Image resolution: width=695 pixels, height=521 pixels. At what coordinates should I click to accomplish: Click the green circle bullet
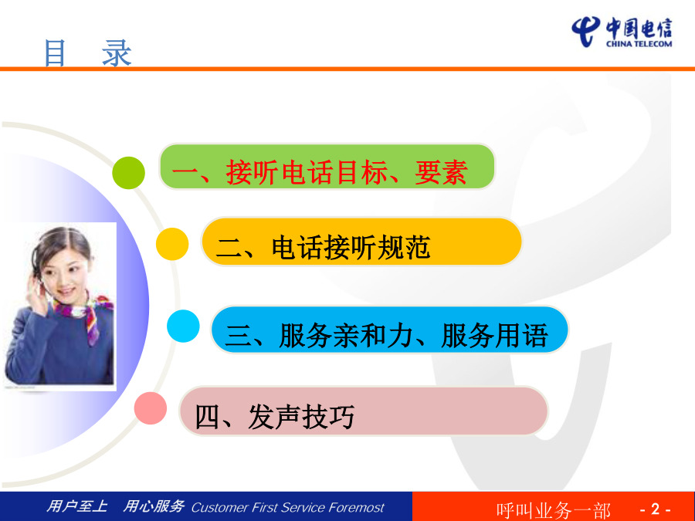(x=128, y=173)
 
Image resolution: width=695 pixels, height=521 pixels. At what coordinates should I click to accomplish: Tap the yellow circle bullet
(x=172, y=244)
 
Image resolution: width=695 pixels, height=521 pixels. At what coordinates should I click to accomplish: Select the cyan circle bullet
(x=183, y=326)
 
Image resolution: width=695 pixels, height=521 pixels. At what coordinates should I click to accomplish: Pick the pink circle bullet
(x=151, y=408)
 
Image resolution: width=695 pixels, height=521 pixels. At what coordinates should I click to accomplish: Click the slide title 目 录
(x=88, y=53)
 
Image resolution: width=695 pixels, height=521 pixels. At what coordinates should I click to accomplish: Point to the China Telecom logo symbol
(x=586, y=31)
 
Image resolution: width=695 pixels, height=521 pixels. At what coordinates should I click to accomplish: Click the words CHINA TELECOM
(x=639, y=44)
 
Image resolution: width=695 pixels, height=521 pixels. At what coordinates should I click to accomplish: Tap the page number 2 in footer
(x=656, y=509)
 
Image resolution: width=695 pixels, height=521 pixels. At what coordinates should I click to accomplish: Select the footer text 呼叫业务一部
(x=554, y=510)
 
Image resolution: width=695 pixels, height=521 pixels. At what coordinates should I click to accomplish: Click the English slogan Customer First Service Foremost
(x=288, y=507)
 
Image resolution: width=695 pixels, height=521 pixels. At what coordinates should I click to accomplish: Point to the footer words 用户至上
(x=77, y=506)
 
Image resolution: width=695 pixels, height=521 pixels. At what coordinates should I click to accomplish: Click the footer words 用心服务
(x=154, y=506)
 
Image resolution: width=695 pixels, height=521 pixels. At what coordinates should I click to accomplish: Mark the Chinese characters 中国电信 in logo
(x=639, y=29)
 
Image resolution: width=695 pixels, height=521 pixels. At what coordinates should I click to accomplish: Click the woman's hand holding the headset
(x=36, y=295)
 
